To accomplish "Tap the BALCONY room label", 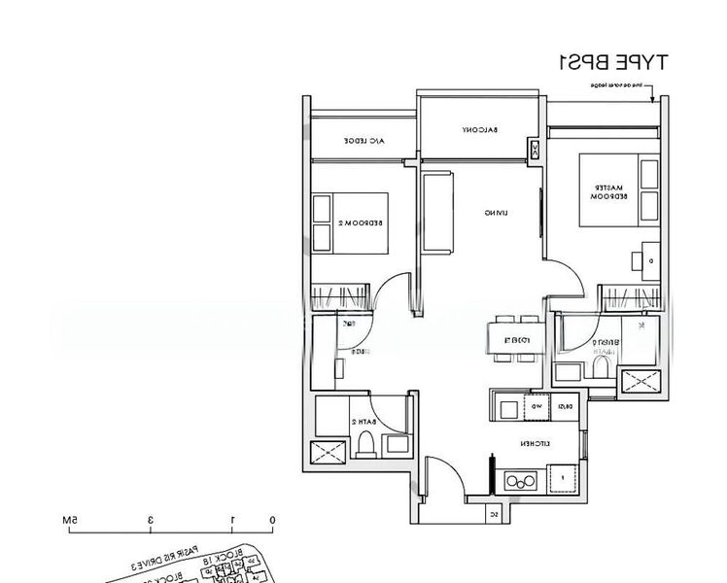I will pyautogui.click(x=480, y=130).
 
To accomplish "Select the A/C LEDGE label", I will pyautogui.click(x=364, y=142).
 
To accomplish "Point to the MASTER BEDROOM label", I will pyautogui.click(x=609, y=191).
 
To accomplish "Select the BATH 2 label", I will pyautogui.click(x=364, y=422).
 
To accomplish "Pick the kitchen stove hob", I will pyautogui.click(x=521, y=479).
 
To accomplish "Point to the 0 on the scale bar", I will pyautogui.click(x=272, y=521).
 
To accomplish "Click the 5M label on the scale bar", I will pyautogui.click(x=70, y=521).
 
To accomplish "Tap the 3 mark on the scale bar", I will pyautogui.click(x=151, y=521).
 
